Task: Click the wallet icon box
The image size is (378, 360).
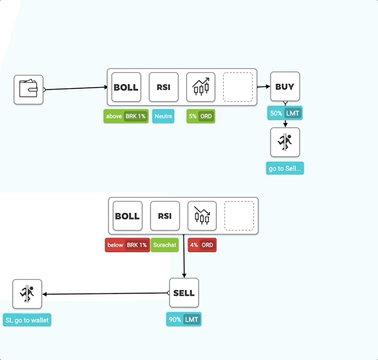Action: pyautogui.click(x=28, y=89)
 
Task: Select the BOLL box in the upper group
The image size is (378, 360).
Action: pyautogui.click(x=126, y=87)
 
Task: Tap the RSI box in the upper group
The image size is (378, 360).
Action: pyautogui.click(x=163, y=87)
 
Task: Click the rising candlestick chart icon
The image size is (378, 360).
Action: pyautogui.click(x=201, y=87)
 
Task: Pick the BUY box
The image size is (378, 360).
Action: pyautogui.click(x=285, y=86)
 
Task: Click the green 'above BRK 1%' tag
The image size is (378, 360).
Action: pyautogui.click(x=126, y=116)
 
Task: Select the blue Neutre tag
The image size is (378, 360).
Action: pyautogui.click(x=163, y=116)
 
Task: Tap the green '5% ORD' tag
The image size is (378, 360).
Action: pyautogui.click(x=201, y=116)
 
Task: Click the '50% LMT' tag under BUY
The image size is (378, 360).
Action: pyautogui.click(x=285, y=113)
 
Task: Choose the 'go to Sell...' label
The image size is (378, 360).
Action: pyautogui.click(x=285, y=168)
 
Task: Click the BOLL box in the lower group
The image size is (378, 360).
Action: pyautogui.click(x=127, y=216)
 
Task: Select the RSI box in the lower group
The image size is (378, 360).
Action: pyautogui.click(x=165, y=216)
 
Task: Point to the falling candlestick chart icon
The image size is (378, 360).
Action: pyautogui.click(x=202, y=216)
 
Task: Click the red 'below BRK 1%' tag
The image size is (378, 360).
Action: pyautogui.click(x=127, y=245)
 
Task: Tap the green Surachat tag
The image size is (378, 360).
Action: pyautogui.click(x=165, y=245)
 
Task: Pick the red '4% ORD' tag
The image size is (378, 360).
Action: pyautogui.click(x=202, y=245)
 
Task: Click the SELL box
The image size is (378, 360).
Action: pyautogui.click(x=184, y=293)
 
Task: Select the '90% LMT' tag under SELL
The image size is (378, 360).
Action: pyautogui.click(x=184, y=319)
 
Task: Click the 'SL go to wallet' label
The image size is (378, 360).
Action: pyautogui.click(x=27, y=320)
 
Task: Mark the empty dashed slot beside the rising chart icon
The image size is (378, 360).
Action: pyautogui.click(x=238, y=87)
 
